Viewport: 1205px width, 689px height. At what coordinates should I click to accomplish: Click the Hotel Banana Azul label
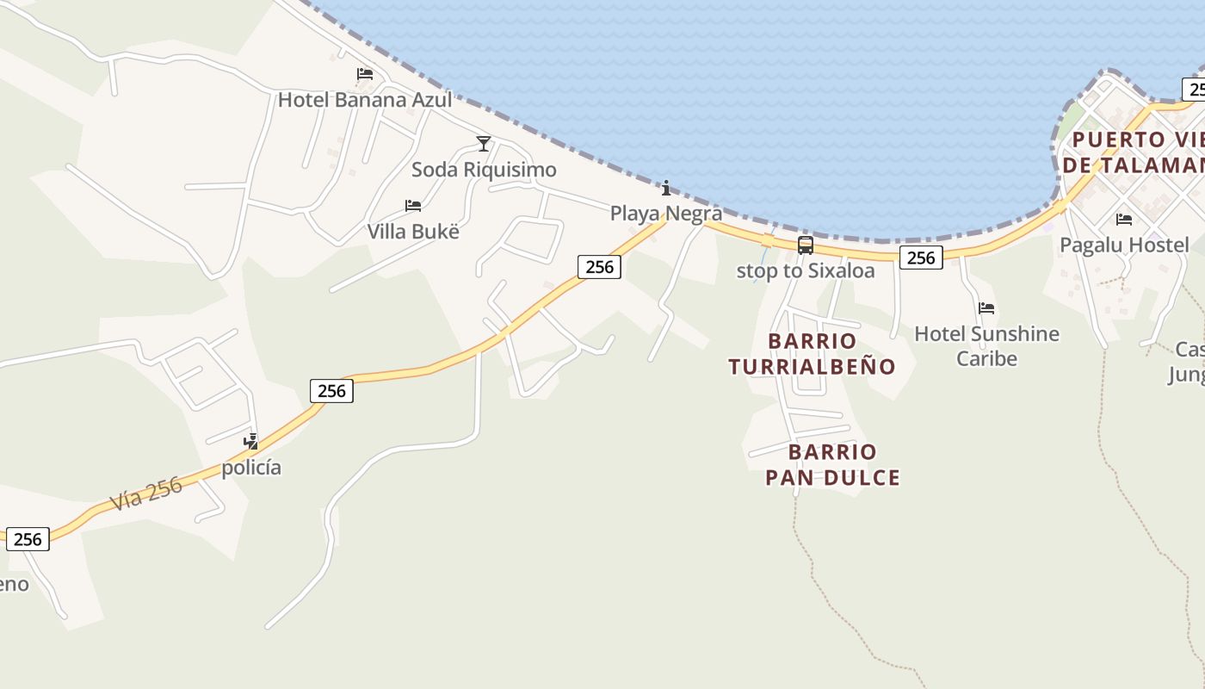coord(364,100)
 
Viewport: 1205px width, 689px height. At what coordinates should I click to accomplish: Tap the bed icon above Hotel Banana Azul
coord(365,74)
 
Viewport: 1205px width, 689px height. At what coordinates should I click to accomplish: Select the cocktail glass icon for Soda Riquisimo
coord(484,143)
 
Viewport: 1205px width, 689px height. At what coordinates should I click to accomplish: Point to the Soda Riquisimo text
coord(484,170)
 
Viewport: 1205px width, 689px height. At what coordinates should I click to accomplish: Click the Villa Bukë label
coord(413,232)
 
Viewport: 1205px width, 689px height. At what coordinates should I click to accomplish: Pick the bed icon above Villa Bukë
coord(413,206)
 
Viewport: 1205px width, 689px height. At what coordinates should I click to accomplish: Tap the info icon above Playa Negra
coord(665,188)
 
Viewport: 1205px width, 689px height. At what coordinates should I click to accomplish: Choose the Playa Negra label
coord(665,213)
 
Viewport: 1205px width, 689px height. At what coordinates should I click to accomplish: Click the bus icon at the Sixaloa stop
coord(806,245)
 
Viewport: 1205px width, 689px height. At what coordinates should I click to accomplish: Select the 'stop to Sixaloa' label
coord(806,271)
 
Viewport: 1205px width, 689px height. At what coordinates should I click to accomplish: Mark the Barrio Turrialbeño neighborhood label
coord(812,354)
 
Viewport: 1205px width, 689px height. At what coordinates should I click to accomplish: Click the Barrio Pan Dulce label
coord(832,464)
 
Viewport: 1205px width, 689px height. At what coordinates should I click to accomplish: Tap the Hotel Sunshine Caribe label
coord(986,345)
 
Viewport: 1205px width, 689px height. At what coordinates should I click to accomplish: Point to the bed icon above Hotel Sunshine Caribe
coord(986,308)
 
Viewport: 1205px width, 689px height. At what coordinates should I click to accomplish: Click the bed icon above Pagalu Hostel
coord(1123,220)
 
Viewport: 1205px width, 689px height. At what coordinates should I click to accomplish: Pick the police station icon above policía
coord(251,442)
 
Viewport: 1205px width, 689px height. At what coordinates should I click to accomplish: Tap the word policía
coord(251,468)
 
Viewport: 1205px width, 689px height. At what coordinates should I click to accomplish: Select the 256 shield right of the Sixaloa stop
coord(921,258)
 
